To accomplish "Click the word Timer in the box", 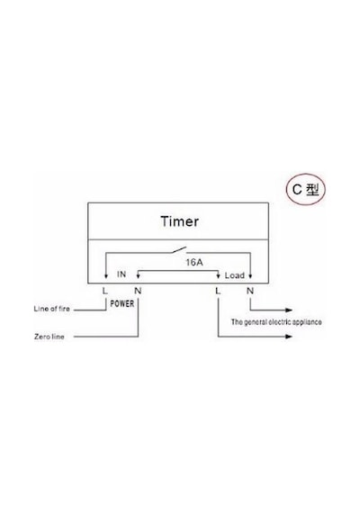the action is tap(179, 221).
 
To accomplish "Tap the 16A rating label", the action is tap(194, 263).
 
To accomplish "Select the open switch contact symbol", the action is tap(179, 250).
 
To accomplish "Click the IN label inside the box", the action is tap(121, 274).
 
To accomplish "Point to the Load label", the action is tap(235, 275).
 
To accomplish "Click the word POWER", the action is tap(122, 303).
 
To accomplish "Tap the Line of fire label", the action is tap(51, 309).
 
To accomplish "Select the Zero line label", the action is tap(49, 337).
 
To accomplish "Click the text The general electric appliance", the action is tap(276, 322).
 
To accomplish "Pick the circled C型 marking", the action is tap(306, 189).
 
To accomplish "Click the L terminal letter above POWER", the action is tap(104, 291).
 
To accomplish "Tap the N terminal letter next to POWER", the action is tap(138, 291).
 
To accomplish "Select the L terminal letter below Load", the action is tap(218, 291).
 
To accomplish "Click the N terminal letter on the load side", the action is tap(250, 291).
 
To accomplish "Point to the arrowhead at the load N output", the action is tap(289, 310).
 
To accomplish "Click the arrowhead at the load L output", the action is tap(289, 337).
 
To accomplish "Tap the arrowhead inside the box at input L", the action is tap(105, 276).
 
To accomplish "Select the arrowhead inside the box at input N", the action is tap(138, 276).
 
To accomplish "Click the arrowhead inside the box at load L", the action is tap(219, 276).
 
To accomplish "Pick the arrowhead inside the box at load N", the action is tap(250, 276).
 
